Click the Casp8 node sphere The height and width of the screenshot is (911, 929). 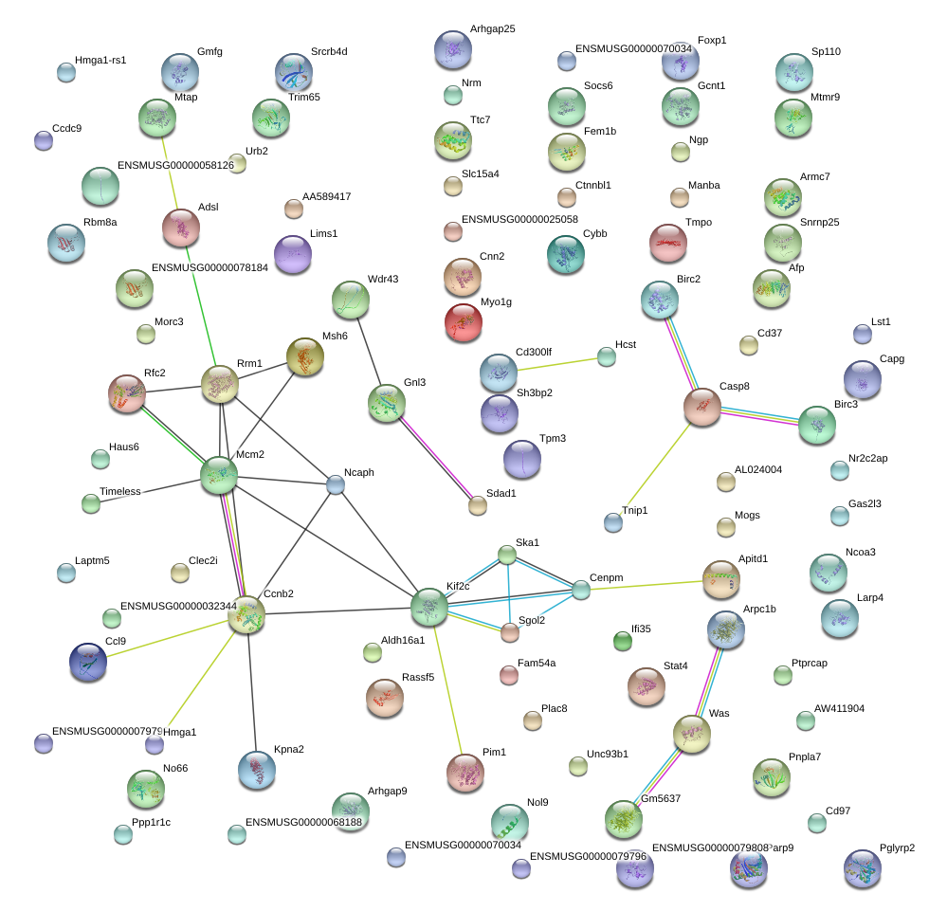pos(702,406)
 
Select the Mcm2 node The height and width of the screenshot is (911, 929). pos(219,474)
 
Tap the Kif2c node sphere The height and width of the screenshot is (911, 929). pos(429,606)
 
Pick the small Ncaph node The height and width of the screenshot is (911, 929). pos(336,484)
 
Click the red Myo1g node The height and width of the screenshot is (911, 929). pos(463,321)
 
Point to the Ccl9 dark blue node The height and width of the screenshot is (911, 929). pos(88,661)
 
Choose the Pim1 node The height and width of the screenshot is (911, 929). pos(464,772)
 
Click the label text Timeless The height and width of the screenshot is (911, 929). pos(119,491)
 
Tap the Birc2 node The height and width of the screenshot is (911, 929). pos(659,299)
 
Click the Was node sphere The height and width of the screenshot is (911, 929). pos(692,733)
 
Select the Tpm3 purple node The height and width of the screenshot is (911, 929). pos(521,458)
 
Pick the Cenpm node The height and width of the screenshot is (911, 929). pos(580,590)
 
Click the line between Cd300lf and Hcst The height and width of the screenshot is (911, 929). pos(559,364)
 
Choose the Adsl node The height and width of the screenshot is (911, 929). pos(180,227)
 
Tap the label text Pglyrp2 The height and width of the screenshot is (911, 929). pos(897,847)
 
